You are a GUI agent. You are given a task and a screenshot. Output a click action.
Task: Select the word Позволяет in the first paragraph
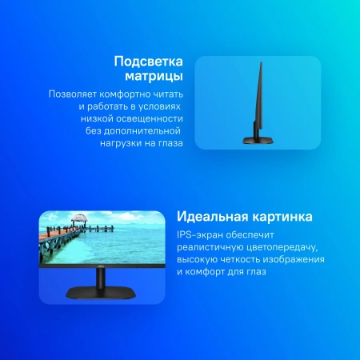tap(73, 94)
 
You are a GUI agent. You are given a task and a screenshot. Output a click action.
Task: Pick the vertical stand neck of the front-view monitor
tap(101, 279)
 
